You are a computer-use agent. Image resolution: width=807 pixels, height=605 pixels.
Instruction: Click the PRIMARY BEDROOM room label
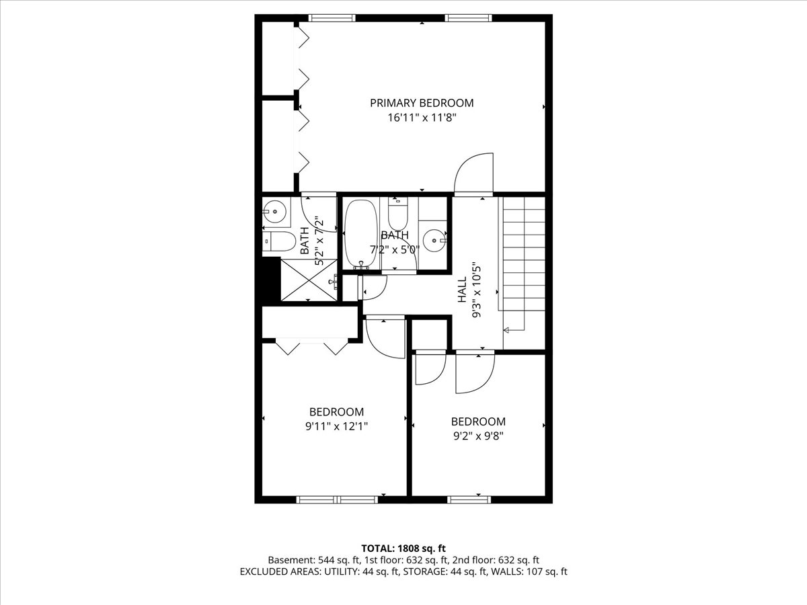tap(422, 103)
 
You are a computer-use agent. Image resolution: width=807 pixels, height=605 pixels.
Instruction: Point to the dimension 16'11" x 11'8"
tap(422, 118)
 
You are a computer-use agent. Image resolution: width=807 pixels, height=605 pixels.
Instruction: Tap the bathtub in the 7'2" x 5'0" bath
tap(362, 234)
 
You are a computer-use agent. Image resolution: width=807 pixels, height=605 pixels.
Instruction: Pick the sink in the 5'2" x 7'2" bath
tap(274, 212)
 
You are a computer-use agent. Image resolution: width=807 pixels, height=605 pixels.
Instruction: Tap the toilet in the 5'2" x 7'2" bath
tap(278, 240)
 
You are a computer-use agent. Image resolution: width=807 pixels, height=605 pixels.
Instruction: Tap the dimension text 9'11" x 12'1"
tap(336, 426)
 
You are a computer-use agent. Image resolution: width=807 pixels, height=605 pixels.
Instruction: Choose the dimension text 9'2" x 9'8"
tap(477, 435)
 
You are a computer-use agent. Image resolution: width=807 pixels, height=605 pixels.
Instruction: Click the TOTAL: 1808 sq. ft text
tap(403, 548)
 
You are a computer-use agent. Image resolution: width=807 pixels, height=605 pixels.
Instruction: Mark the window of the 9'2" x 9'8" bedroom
tap(469, 499)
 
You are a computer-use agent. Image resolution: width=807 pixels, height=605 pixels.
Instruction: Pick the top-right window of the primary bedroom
tap(469, 18)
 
